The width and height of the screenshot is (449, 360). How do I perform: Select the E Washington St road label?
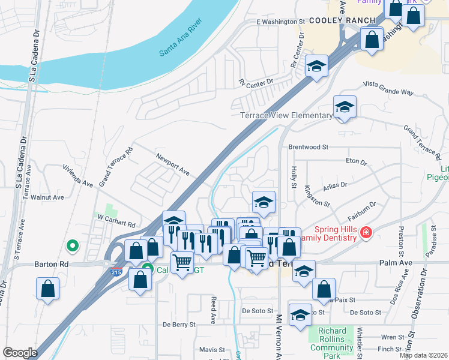(x=280, y=22)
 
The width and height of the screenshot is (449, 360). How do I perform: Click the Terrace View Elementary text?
(x=286, y=115)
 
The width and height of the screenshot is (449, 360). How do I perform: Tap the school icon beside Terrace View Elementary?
(x=345, y=107)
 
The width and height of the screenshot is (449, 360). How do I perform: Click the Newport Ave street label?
(x=173, y=164)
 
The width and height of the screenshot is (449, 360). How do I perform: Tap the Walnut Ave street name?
(x=47, y=197)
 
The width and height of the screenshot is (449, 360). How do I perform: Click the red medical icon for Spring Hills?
(x=366, y=232)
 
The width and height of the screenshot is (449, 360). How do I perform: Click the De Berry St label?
(x=179, y=324)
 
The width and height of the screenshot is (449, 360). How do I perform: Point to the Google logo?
(x=20, y=353)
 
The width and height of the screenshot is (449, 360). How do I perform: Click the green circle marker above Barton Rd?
(x=73, y=245)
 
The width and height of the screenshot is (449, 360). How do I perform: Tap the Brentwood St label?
(x=309, y=146)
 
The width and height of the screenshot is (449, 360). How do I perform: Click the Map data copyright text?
(x=423, y=355)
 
